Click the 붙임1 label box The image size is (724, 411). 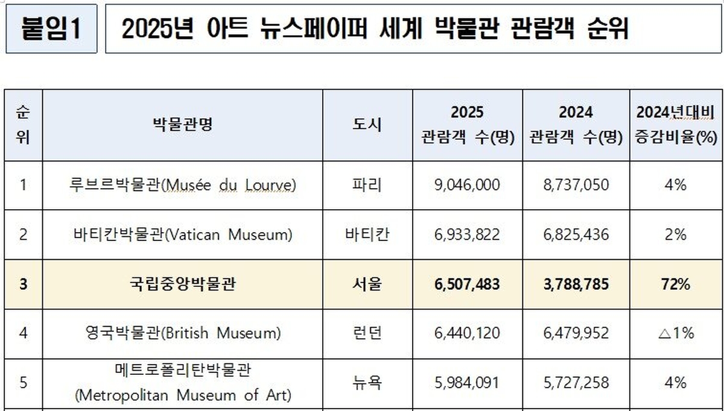pyautogui.click(x=51, y=29)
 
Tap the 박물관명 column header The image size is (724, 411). pyautogui.click(x=183, y=125)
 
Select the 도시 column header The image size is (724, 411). pyautogui.click(x=367, y=125)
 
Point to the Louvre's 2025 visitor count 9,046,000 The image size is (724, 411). pyautogui.click(x=467, y=185)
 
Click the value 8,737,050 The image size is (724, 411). pyautogui.click(x=576, y=185)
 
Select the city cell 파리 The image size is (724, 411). pyautogui.click(x=367, y=185)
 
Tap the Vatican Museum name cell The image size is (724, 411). pyautogui.click(x=183, y=234)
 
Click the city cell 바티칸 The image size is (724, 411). pyautogui.click(x=367, y=234)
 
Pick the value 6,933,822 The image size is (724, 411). pyautogui.click(x=467, y=234)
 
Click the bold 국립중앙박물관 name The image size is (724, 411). pyautogui.click(x=183, y=284)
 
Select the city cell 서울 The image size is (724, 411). pyautogui.click(x=367, y=284)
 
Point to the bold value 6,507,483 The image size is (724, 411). pyautogui.click(x=467, y=284)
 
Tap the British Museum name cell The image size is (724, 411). pyautogui.click(x=183, y=333)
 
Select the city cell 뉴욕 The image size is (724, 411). pyautogui.click(x=367, y=382)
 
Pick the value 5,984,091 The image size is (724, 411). pyautogui.click(x=467, y=382)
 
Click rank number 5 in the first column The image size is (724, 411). pyautogui.click(x=23, y=382)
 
